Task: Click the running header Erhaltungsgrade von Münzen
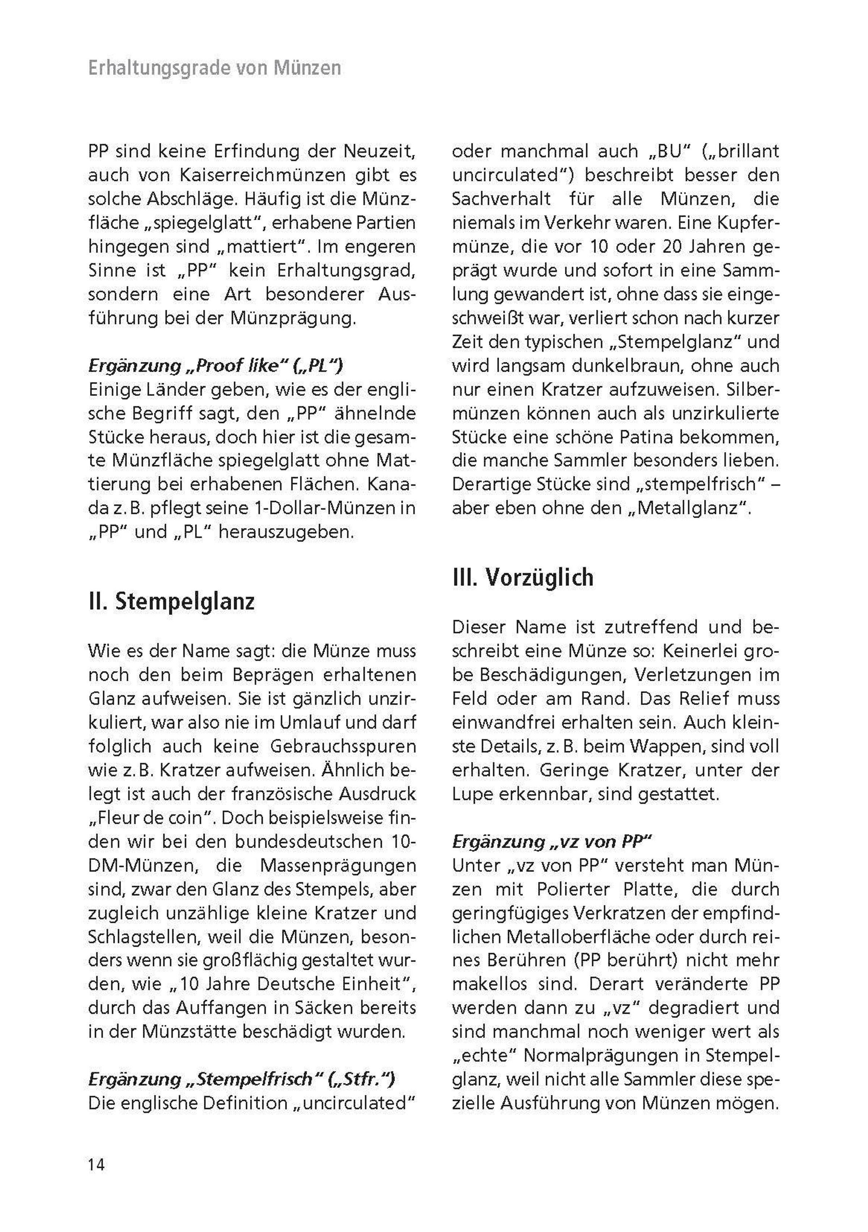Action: pos(214,68)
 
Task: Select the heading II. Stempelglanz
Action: pos(171,602)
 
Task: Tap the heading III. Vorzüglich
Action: pos(523,577)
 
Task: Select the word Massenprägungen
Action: pos(337,865)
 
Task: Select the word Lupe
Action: pos(472,794)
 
